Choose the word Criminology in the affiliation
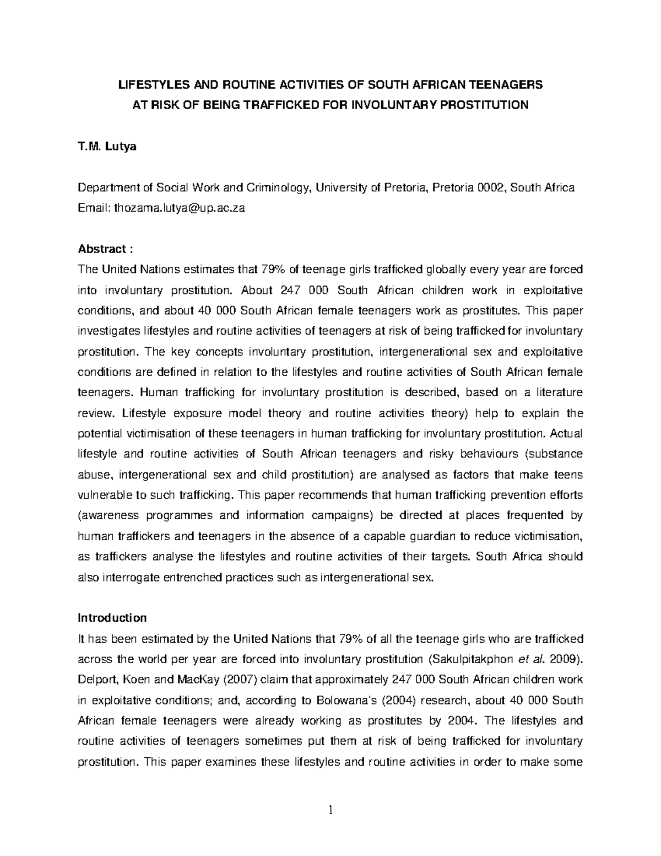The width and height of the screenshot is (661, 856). [278, 188]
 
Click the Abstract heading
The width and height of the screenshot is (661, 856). [104, 249]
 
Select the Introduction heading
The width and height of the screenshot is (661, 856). [112, 618]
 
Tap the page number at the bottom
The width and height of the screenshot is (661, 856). [330, 810]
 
